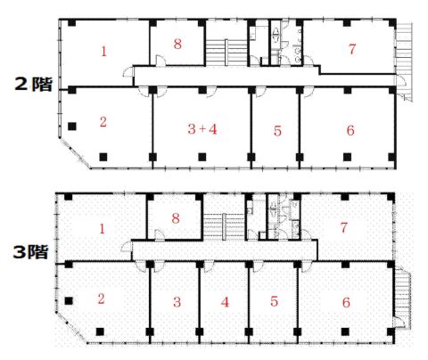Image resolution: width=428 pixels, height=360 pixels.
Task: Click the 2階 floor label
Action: pyautogui.click(x=34, y=85)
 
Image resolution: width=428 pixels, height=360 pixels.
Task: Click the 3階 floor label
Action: pyautogui.click(x=30, y=252)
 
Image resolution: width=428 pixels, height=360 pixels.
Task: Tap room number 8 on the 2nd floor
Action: pyautogui.click(x=177, y=44)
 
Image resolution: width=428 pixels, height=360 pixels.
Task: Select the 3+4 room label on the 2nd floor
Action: pyautogui.click(x=202, y=129)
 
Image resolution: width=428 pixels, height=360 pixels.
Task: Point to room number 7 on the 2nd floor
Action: pyautogui.click(x=352, y=49)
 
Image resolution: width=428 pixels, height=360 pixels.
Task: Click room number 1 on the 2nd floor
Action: pyautogui.click(x=103, y=52)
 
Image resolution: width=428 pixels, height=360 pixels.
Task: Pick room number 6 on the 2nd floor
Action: pyautogui.click(x=350, y=130)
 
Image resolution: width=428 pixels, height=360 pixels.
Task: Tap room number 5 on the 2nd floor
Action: pyautogui.click(x=277, y=131)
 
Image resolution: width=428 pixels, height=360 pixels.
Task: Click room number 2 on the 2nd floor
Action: pyautogui.click(x=103, y=122)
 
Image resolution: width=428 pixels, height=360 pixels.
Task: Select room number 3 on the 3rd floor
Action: pyautogui.click(x=177, y=302)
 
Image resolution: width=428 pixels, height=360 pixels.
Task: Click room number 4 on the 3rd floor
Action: pyautogui.click(x=225, y=302)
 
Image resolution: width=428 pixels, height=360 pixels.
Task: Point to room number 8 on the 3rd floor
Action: pyautogui.click(x=176, y=218)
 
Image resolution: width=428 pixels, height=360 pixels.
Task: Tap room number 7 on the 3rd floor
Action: pyautogui.click(x=343, y=228)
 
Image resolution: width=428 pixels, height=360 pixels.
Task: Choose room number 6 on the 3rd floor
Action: pyautogui.click(x=346, y=302)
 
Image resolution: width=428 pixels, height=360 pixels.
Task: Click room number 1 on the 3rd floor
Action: pyautogui.click(x=102, y=229)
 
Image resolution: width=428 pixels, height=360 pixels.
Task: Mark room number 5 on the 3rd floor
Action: pyautogui.click(x=274, y=301)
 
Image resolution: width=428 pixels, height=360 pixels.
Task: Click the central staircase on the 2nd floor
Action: pyautogui.click(x=226, y=53)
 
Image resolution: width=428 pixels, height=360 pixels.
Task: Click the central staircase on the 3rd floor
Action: pyautogui.click(x=224, y=225)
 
